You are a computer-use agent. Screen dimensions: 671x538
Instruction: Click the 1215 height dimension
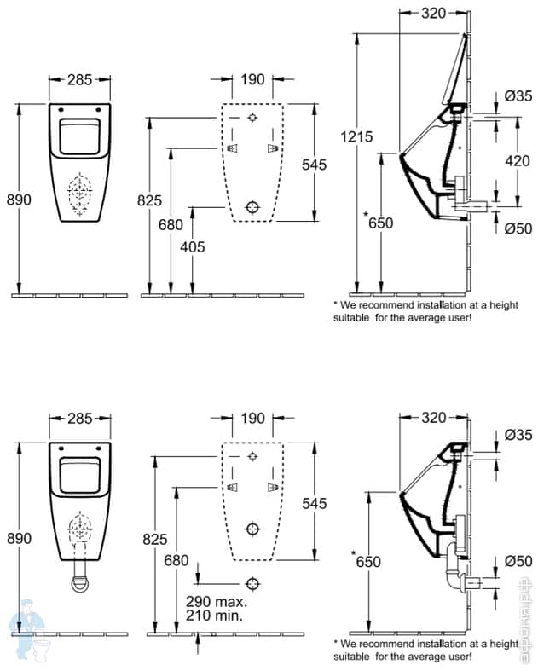point(357,136)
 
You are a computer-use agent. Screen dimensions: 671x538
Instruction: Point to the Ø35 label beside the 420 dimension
point(518,95)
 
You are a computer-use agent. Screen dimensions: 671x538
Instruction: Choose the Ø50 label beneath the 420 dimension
point(518,228)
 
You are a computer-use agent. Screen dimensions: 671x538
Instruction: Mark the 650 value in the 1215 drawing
point(379,223)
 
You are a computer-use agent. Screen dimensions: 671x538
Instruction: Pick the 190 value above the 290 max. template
point(252,419)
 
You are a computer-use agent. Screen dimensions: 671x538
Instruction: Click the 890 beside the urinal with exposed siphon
point(19,538)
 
